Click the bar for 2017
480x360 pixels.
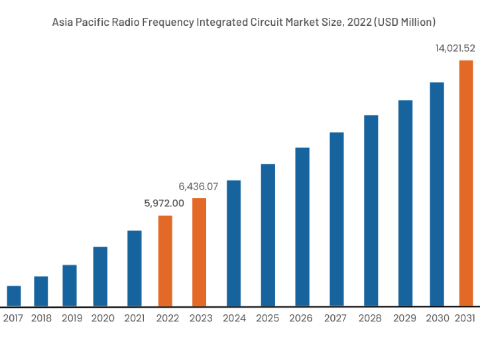[x=13, y=296]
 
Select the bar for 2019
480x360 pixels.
[x=70, y=285]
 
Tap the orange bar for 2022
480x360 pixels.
[x=165, y=261]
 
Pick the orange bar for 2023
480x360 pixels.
[x=199, y=252]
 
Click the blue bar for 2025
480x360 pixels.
[x=268, y=235]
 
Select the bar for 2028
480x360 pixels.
[x=371, y=210]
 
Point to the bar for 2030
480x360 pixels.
[x=436, y=194]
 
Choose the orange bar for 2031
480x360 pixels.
[x=466, y=183]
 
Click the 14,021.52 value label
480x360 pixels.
[x=455, y=48]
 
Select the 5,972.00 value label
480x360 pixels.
[x=164, y=204]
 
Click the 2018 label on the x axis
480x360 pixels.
[x=41, y=318]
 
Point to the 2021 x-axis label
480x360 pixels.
[x=135, y=318]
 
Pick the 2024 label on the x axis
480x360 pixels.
[x=235, y=318]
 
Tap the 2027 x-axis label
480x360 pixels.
[x=335, y=318]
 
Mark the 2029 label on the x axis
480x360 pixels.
[x=404, y=318]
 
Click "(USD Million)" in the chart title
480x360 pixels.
[x=404, y=22]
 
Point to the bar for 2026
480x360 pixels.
[x=302, y=227]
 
